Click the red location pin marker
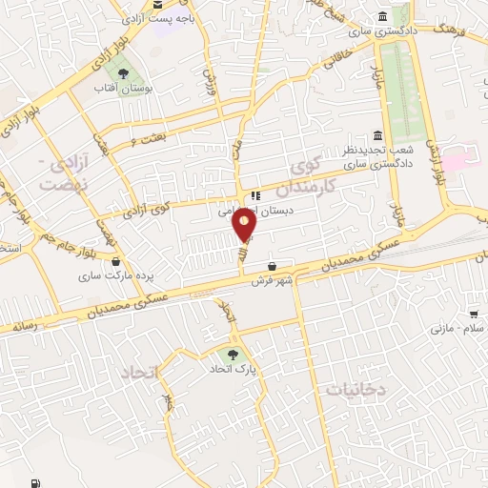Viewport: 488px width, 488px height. pos(245,225)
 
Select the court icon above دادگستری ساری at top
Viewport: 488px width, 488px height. pos(382,17)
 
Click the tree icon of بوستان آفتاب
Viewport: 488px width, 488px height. pos(121,72)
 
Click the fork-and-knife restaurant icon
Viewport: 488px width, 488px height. pos(254,196)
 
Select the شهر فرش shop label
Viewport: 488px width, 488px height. pos(270,281)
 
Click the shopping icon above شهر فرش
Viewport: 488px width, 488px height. pos(274,265)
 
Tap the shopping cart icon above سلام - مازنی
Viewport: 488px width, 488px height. pos(474,314)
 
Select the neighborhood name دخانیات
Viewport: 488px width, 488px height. pos(354,389)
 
